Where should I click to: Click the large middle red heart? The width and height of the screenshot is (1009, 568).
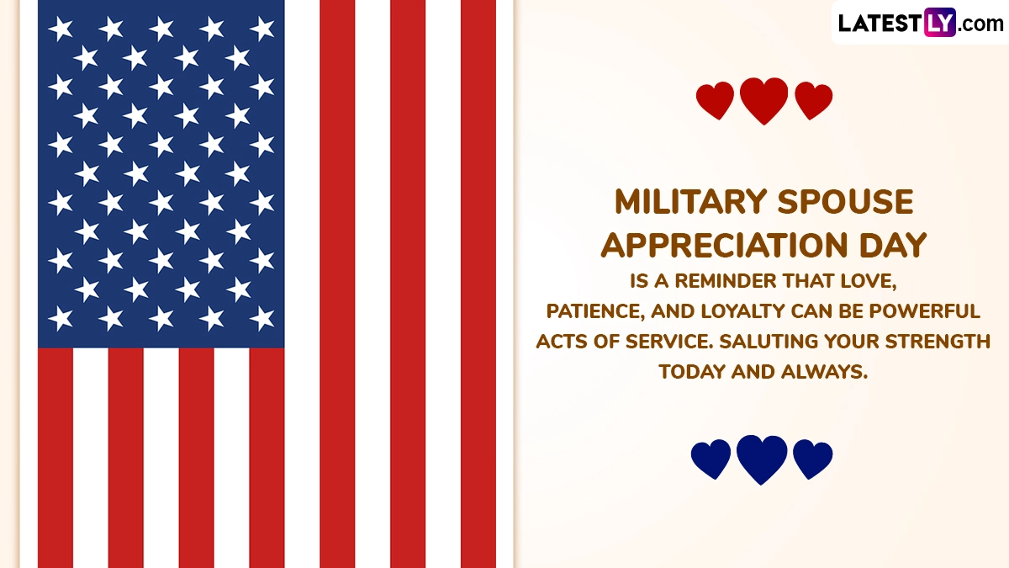tap(764, 100)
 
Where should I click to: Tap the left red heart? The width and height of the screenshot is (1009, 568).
tap(715, 100)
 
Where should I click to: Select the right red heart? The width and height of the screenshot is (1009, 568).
tap(814, 100)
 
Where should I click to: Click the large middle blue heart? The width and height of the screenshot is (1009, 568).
tap(762, 459)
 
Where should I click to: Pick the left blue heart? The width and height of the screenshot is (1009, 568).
tap(711, 459)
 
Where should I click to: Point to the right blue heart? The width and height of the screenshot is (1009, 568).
tap(812, 459)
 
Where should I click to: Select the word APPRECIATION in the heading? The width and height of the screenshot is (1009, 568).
tap(724, 246)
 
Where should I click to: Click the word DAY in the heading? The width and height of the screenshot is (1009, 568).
tap(893, 246)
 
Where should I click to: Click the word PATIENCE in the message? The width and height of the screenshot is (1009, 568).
tap(595, 311)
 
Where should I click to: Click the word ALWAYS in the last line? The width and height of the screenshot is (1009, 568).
tap(824, 372)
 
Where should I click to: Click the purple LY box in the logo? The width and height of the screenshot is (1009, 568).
tap(940, 22)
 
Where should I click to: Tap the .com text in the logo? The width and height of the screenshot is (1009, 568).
tap(980, 24)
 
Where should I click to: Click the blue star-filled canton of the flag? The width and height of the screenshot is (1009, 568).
tap(161, 173)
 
